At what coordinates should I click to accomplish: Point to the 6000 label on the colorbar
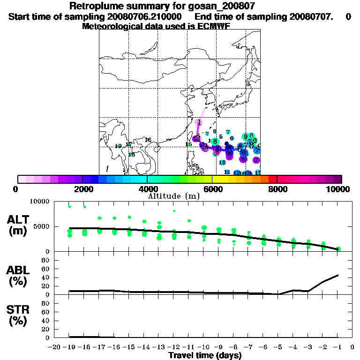(x=212, y=189)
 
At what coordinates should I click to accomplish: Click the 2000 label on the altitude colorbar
(x=82, y=189)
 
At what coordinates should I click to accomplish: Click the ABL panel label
(x=18, y=276)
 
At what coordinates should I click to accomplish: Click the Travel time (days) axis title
(x=205, y=355)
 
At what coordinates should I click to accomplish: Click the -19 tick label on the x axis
(x=69, y=347)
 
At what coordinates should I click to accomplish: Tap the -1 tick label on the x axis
(x=338, y=347)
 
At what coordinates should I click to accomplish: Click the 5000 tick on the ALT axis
(x=43, y=227)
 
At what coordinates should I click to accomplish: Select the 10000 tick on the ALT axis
(x=41, y=202)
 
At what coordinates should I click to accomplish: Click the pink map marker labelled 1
(x=199, y=122)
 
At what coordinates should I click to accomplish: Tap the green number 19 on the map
(x=118, y=146)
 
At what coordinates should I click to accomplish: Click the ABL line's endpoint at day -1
(x=338, y=275)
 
